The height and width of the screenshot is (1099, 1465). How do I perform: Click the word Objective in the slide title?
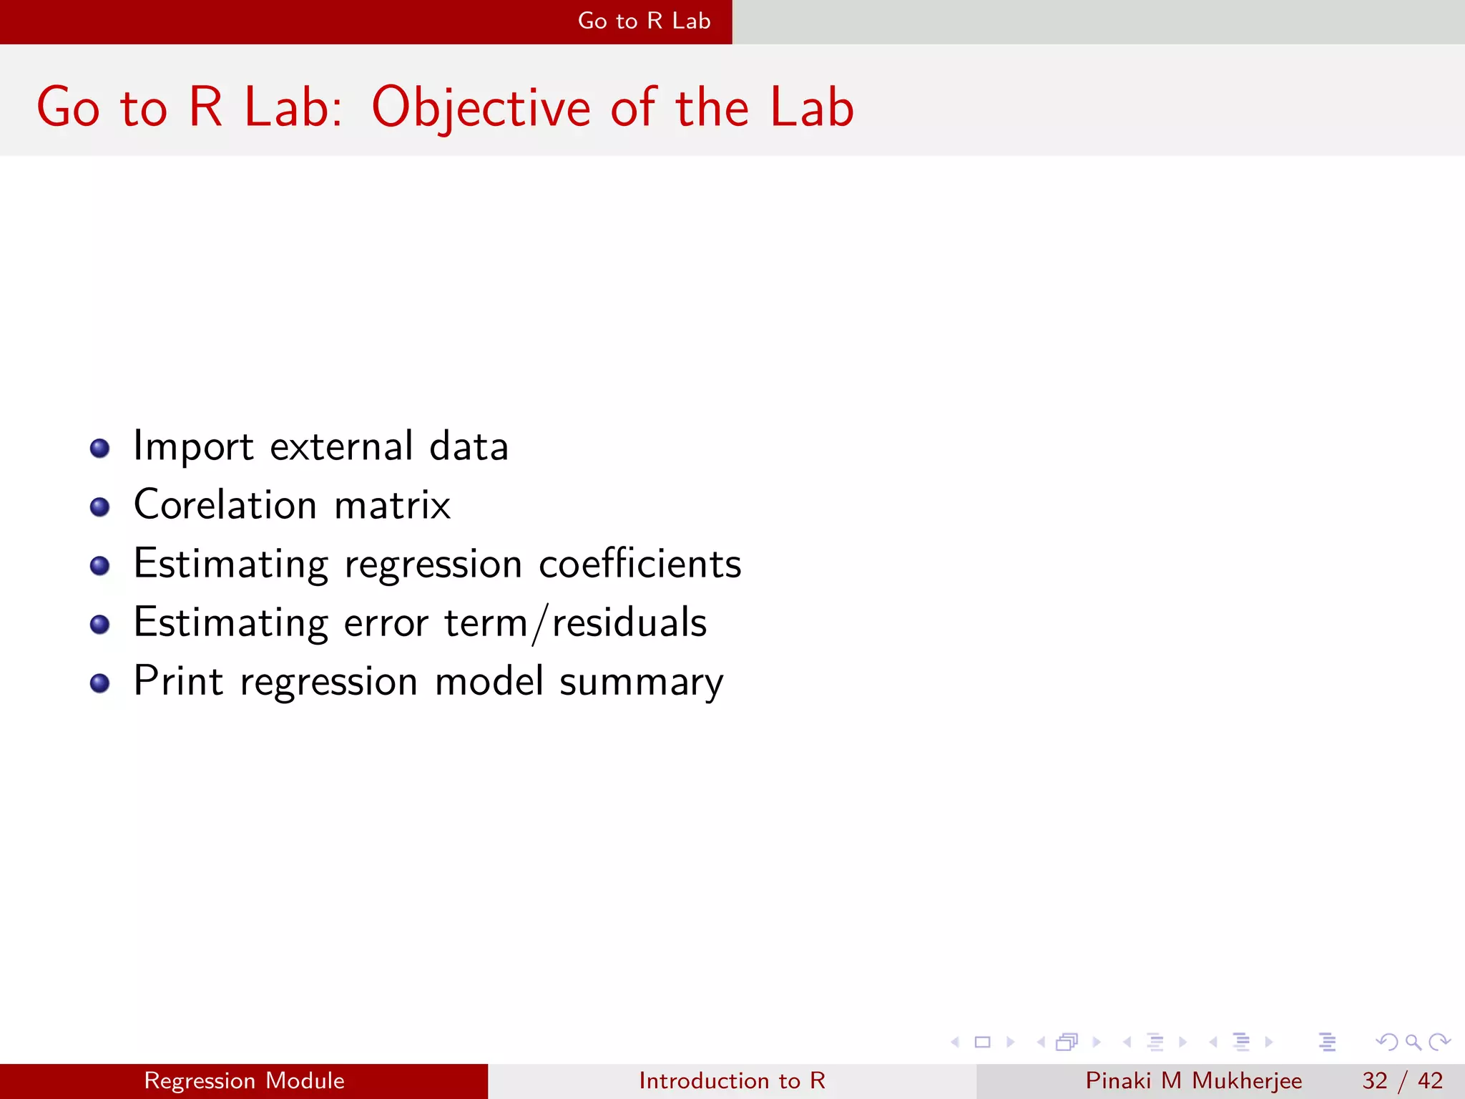pos(481,107)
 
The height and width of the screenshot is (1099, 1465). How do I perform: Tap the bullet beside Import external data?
pos(100,449)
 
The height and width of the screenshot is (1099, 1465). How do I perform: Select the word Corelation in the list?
pos(225,505)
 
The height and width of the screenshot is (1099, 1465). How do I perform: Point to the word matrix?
pos(392,505)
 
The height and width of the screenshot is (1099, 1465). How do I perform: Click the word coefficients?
pos(640,564)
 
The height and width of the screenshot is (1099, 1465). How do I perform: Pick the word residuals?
pos(629,622)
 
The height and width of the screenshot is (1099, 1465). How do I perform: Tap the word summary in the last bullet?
pos(641,683)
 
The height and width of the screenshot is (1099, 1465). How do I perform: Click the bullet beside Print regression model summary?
pos(100,683)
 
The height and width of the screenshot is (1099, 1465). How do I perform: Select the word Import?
pos(193,447)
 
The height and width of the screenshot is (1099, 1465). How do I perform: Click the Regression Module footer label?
pos(244,1080)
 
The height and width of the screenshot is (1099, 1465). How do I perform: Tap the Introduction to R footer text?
pos(732,1080)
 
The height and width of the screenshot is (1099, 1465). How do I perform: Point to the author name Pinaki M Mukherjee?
pos(1193,1080)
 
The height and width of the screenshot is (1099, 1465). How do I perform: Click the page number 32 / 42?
pos(1402,1080)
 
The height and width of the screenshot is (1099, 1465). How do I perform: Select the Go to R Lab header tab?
pos(644,21)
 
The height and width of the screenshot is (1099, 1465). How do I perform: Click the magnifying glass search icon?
pos(1413,1042)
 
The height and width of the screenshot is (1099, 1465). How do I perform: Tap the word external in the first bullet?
pos(342,447)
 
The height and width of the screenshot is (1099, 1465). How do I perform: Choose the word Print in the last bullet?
pos(179,681)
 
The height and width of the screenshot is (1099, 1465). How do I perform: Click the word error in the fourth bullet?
pos(386,622)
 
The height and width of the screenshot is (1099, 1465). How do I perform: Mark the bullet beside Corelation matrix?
pos(100,507)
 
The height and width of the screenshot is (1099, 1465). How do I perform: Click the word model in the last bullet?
pos(489,681)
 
